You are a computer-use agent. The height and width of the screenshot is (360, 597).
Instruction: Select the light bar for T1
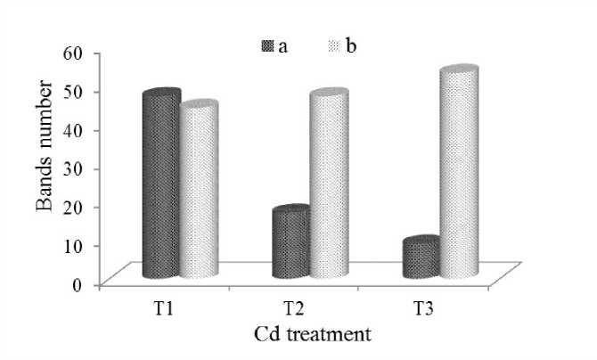coord(198,192)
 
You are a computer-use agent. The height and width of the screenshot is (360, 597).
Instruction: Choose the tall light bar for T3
coord(457,174)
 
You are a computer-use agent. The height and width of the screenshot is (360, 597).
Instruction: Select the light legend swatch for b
coord(336,45)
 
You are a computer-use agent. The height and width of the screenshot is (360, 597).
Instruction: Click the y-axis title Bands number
coord(44,147)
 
